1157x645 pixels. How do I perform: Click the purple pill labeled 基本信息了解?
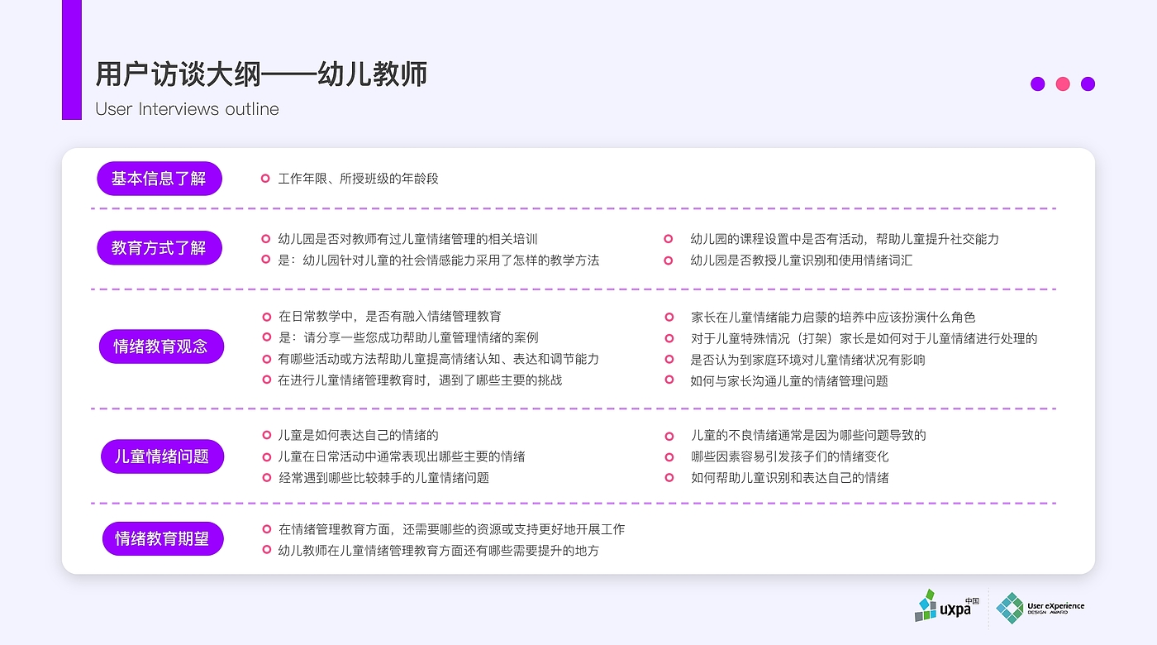pyautogui.click(x=160, y=179)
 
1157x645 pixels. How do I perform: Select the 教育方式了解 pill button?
pyautogui.click(x=160, y=248)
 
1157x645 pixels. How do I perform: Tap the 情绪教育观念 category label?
pyautogui.click(x=161, y=346)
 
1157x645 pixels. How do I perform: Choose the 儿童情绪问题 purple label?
pyautogui.click(x=162, y=456)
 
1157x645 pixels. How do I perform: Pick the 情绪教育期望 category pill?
pyautogui.click(x=163, y=539)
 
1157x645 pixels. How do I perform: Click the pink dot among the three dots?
pyautogui.click(x=1063, y=84)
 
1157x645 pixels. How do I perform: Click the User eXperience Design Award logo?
pyautogui.click(x=1040, y=608)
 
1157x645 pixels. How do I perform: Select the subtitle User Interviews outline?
pyautogui.click(x=187, y=109)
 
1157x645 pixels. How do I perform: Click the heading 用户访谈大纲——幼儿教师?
pyautogui.click(x=261, y=74)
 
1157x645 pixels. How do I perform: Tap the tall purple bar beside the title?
pyautogui.click(x=72, y=60)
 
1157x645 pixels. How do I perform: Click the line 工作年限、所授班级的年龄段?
pyautogui.click(x=358, y=179)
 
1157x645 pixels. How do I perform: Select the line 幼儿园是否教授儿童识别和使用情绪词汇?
pyautogui.click(x=802, y=260)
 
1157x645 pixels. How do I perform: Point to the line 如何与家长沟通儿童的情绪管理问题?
pyautogui.click(x=789, y=381)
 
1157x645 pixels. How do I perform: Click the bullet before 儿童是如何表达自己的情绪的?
pyautogui.click(x=266, y=435)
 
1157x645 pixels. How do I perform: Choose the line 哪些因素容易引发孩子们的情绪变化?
pyautogui.click(x=789, y=456)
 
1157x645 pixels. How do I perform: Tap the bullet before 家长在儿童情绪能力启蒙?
pyautogui.click(x=669, y=317)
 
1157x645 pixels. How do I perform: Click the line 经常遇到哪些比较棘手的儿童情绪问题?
pyautogui.click(x=383, y=478)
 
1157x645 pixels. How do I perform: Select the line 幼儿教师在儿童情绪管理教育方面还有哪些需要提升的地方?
pyautogui.click(x=438, y=551)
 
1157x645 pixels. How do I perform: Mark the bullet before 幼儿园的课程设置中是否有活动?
pyautogui.click(x=669, y=239)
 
